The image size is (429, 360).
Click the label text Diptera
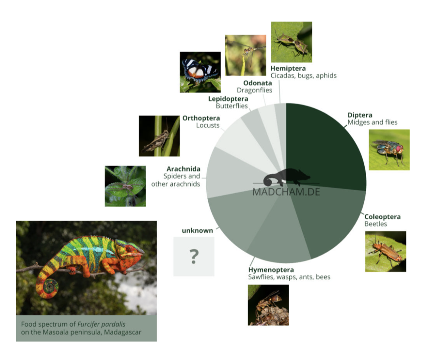360,115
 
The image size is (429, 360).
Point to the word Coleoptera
382,217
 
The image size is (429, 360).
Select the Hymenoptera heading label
271,270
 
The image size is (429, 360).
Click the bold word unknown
197,231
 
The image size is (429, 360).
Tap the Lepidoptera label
228,99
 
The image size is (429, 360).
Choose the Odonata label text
257,83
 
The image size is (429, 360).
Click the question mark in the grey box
194,256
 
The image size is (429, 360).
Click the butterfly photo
200,72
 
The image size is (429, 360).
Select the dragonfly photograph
245,55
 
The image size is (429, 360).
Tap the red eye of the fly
399,148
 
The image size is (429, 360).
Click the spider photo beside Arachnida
125,186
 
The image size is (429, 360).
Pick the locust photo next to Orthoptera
159,136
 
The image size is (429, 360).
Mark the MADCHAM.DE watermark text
286,192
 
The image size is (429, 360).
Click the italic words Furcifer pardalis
101,324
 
